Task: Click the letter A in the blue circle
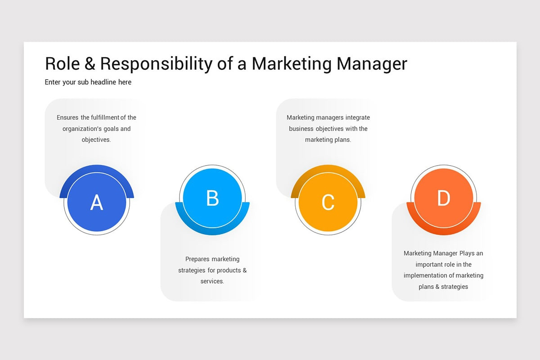(97, 202)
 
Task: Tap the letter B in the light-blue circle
(212, 198)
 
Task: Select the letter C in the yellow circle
(328, 202)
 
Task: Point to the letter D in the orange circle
(444, 198)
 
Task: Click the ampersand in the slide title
(90, 64)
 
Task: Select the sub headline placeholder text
(88, 82)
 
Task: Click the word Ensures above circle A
(67, 117)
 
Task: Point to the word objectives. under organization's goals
(96, 140)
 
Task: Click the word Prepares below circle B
(197, 259)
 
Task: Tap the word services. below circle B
(212, 282)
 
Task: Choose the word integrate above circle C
(358, 117)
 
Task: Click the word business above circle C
(301, 129)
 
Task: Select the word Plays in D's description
(467, 253)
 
